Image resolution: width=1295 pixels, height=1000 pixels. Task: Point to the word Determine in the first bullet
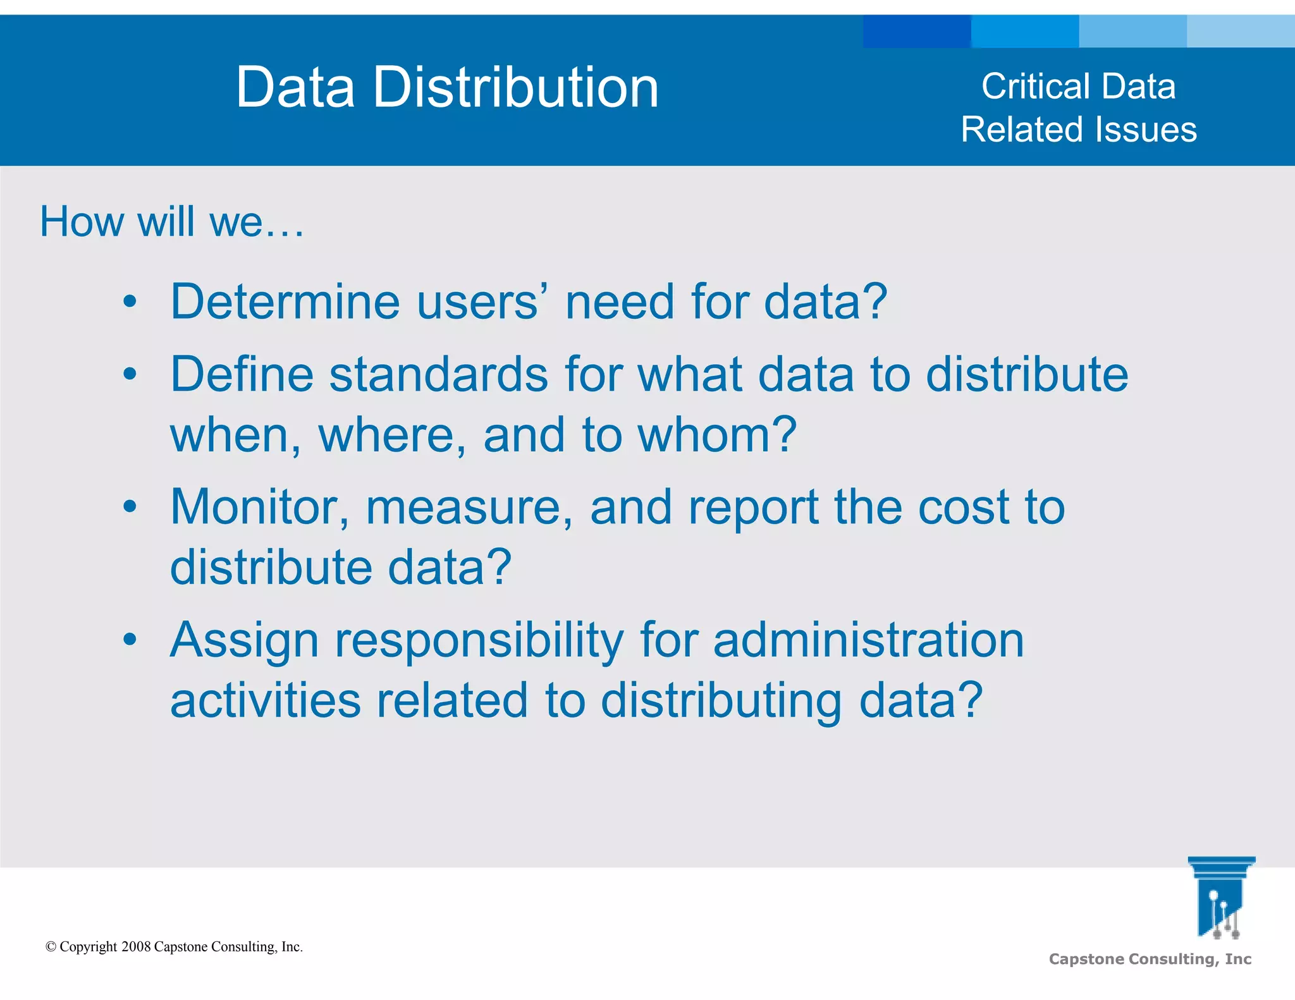point(285,302)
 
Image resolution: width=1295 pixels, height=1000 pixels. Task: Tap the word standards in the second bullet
point(438,374)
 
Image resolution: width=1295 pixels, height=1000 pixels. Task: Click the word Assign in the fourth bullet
point(244,640)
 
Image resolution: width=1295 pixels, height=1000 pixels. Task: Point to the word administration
point(868,640)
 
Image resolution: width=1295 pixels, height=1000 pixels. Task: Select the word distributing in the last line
point(721,700)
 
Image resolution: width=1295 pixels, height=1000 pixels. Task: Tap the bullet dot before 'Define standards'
point(130,374)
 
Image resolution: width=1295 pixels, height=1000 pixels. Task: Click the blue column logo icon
point(1220,898)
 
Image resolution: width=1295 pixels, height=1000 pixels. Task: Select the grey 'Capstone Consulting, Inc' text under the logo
point(1150,959)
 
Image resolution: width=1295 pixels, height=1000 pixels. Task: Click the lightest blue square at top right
point(1241,31)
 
